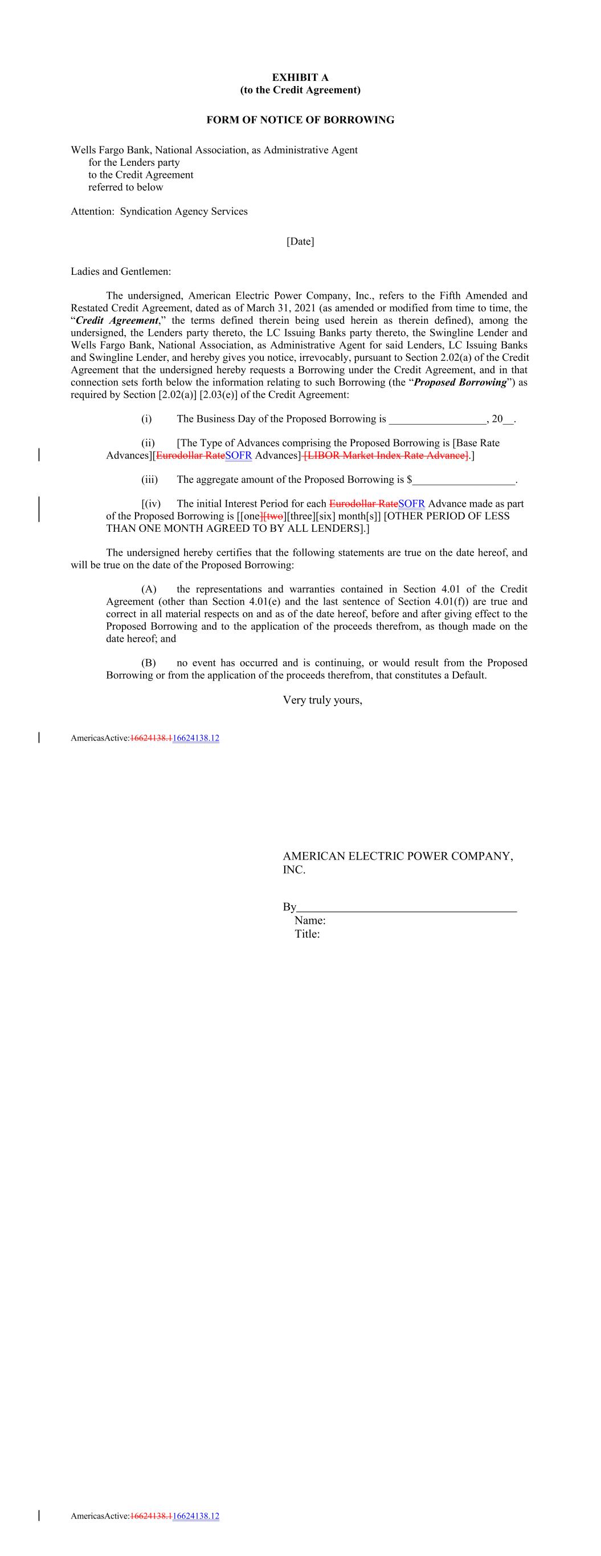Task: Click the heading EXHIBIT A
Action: click(x=300, y=78)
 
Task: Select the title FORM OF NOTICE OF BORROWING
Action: click(x=300, y=120)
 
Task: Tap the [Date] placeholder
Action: click(x=300, y=242)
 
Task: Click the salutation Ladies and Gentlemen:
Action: click(x=121, y=271)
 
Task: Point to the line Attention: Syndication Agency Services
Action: click(x=159, y=211)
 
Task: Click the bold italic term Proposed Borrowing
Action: click(x=460, y=382)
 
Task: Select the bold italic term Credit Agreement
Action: click(x=117, y=321)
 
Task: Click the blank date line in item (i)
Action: click(x=438, y=419)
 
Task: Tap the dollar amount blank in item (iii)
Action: click(x=464, y=480)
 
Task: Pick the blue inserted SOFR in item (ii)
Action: click(x=238, y=455)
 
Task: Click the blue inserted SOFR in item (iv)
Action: click(x=411, y=504)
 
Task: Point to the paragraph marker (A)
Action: click(x=149, y=589)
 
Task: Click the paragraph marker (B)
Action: click(x=149, y=663)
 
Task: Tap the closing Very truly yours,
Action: click(x=322, y=700)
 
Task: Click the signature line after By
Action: click(x=407, y=908)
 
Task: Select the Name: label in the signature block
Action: click(x=310, y=920)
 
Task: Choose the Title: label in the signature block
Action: click(x=307, y=934)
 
